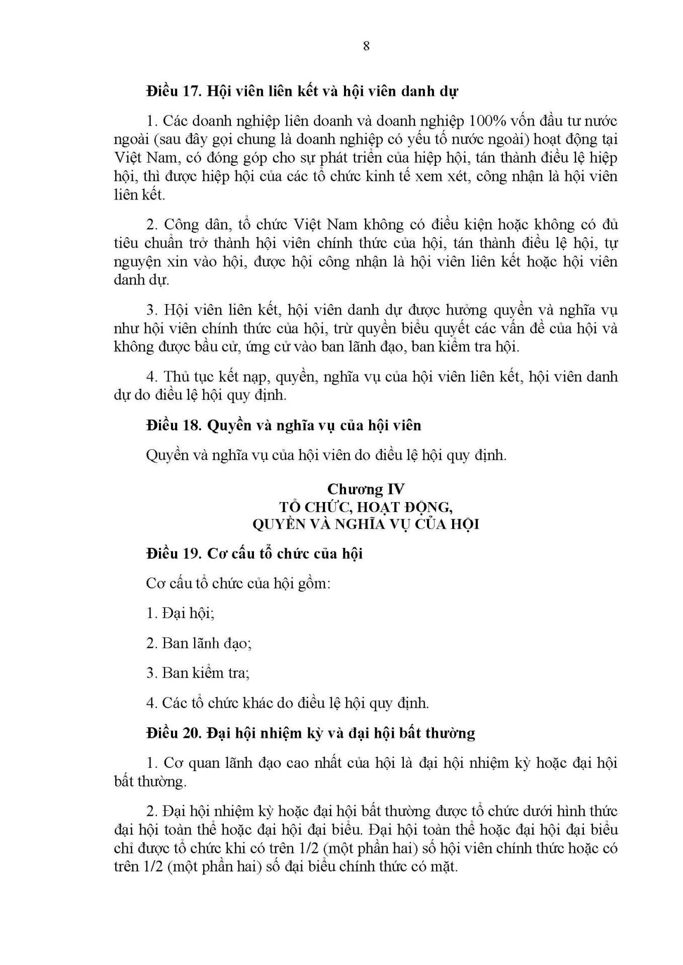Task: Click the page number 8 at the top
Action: tap(366, 46)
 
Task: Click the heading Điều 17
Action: tap(173, 91)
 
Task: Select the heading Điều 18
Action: tap(173, 425)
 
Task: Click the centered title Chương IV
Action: tap(366, 489)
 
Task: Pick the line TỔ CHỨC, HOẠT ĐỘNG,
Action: tap(366, 507)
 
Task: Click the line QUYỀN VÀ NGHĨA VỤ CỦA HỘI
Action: tap(366, 524)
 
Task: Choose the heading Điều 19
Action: tap(173, 554)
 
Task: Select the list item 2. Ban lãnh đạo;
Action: tap(199, 643)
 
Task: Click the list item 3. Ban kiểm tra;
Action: tap(198, 673)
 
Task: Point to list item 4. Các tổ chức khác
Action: tap(287, 703)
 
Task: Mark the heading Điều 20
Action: tap(173, 733)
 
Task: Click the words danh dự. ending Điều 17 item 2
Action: tap(142, 280)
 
